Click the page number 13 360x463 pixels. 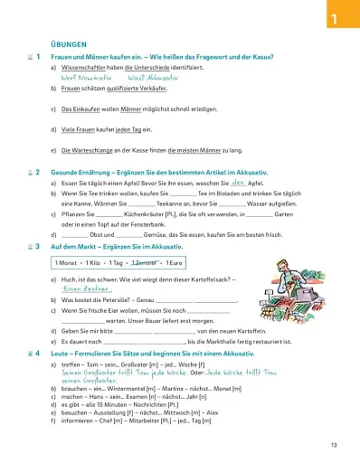click(334, 444)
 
